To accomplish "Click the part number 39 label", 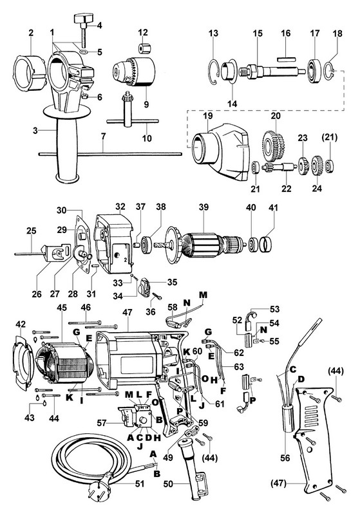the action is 204,207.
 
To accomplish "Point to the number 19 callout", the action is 208,116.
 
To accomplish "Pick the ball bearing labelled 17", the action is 315,70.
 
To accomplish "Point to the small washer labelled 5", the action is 84,51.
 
